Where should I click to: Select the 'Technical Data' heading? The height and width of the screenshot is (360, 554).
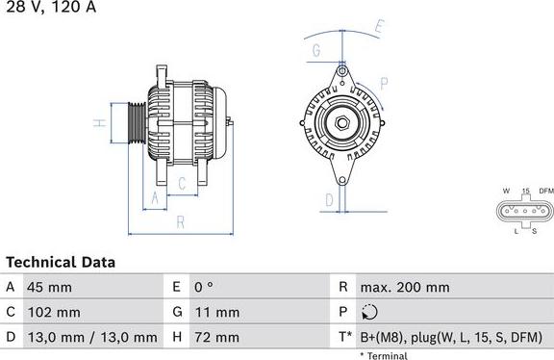pyautogui.click(x=61, y=262)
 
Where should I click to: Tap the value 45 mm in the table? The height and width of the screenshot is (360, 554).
pyautogui.click(x=49, y=287)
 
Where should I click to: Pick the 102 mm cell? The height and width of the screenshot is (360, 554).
pyautogui.click(x=53, y=312)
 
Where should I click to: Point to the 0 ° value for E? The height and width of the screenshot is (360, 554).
pyautogui.click(x=204, y=287)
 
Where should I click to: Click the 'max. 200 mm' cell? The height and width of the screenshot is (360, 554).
pyautogui.click(x=404, y=287)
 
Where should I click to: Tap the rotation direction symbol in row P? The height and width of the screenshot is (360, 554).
pyautogui.click(x=370, y=312)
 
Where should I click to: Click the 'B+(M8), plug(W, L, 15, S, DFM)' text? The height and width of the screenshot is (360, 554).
pyautogui.click(x=451, y=337)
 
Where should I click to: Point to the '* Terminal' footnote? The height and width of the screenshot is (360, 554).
pyautogui.click(x=384, y=355)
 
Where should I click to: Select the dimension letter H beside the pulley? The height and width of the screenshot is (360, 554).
pyautogui.click(x=98, y=123)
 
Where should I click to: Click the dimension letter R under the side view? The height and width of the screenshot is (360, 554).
pyautogui.click(x=180, y=222)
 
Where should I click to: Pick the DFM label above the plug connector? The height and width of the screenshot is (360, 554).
pyautogui.click(x=545, y=191)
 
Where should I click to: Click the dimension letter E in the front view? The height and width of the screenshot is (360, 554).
pyautogui.click(x=379, y=26)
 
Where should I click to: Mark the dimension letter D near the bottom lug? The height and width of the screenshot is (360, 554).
pyautogui.click(x=329, y=199)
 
